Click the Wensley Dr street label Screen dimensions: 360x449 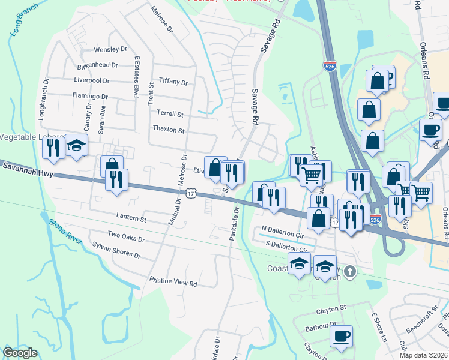(110, 49)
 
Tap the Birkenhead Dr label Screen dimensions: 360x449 (97, 65)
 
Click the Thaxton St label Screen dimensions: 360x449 (169, 128)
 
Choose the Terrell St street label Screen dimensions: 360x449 (170, 113)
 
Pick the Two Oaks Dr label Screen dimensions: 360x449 (126, 237)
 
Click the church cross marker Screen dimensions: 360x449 (351, 272)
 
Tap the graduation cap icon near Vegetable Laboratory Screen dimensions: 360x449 (76, 146)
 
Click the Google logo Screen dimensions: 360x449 (20, 353)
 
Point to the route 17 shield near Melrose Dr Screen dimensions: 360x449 (190, 193)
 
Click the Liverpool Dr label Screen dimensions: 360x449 (92, 80)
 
